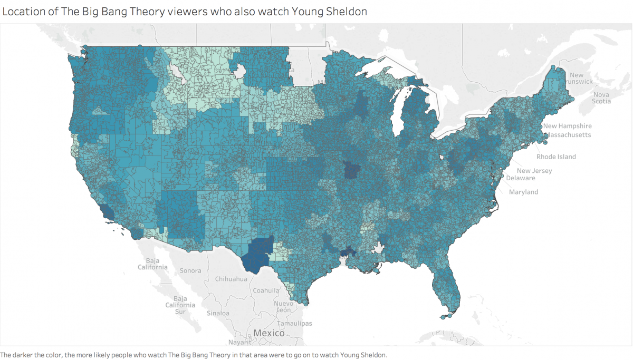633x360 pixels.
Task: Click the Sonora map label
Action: [x=190, y=270]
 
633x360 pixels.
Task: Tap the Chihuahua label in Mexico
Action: [x=231, y=279]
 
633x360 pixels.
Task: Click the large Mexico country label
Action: [x=269, y=333]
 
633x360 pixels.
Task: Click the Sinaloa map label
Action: [x=218, y=313]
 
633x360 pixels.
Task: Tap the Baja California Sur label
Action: [x=180, y=305]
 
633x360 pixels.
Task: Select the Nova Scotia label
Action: [x=601, y=98]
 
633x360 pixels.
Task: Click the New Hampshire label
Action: [x=568, y=126]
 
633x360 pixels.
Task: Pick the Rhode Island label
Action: [x=556, y=157]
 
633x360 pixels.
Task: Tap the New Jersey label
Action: [x=534, y=171]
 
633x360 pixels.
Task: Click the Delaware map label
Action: [x=521, y=178]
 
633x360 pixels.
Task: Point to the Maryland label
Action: [x=523, y=192]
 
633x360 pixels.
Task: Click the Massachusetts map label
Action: [x=569, y=135]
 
